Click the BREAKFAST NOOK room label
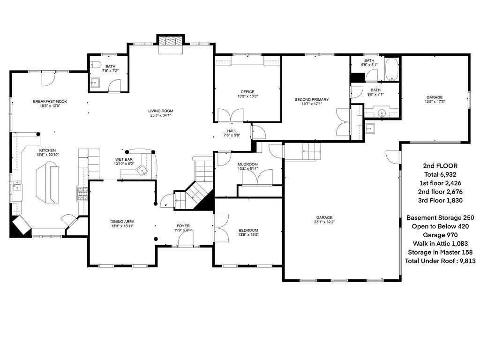tap(50, 101)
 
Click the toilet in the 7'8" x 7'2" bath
tap(95, 65)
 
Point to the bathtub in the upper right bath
tap(391, 69)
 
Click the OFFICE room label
tap(247, 92)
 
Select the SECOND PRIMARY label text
tap(311, 100)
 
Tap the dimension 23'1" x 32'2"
tap(324, 222)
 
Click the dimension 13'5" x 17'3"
tap(434, 102)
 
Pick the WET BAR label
tap(124, 159)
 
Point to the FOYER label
tap(183, 225)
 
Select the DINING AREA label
tap(122, 221)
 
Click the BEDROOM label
tap(248, 230)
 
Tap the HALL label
tap(232, 131)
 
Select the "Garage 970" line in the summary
tap(440, 235)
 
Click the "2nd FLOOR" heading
tap(440, 166)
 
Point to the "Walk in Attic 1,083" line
tap(440, 243)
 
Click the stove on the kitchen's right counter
tap(82, 194)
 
